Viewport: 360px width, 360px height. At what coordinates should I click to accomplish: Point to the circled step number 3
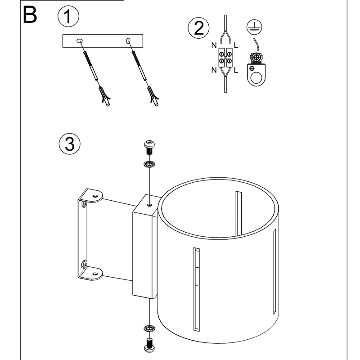69,144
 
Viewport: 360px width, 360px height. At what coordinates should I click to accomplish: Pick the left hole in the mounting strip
80,41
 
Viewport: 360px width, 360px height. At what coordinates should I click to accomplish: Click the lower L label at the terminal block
237,70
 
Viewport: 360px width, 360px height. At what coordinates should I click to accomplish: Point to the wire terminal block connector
225,58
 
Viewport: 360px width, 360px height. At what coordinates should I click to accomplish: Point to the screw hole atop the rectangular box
149,205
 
